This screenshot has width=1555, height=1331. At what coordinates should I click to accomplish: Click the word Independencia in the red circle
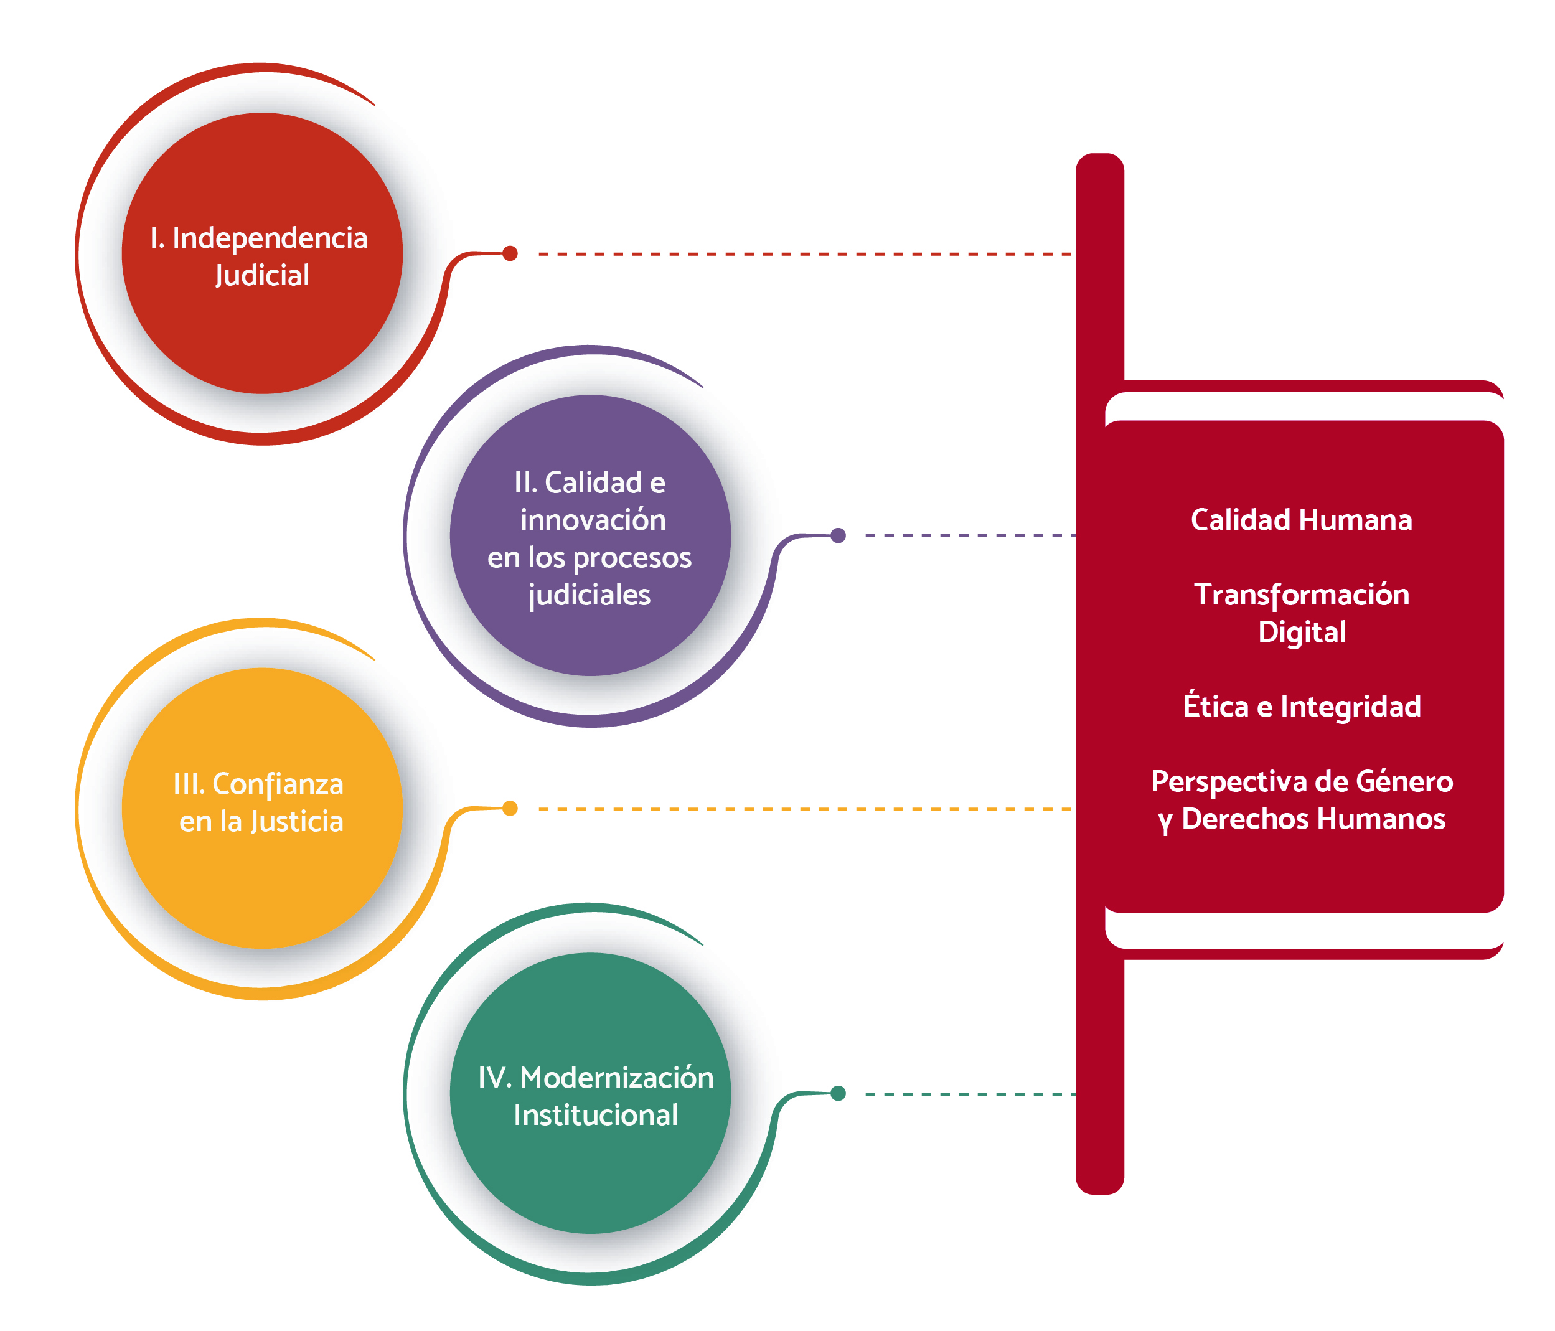click(x=270, y=238)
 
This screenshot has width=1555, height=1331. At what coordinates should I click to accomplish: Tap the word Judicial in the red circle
click(x=262, y=276)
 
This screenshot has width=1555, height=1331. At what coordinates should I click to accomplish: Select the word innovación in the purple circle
click(x=593, y=519)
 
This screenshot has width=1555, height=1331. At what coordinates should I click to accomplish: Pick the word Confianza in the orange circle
click(x=278, y=784)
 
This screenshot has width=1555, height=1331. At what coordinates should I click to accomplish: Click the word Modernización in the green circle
click(x=617, y=1077)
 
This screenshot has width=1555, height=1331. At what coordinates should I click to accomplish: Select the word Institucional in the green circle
click(x=595, y=1115)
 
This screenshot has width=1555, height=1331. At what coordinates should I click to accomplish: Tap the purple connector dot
click(x=839, y=535)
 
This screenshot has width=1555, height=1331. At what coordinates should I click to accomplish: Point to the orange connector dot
click(x=510, y=808)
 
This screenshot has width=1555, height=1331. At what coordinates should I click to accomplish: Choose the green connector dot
click(x=839, y=1093)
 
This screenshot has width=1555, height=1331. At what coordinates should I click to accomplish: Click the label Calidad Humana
click(x=1302, y=519)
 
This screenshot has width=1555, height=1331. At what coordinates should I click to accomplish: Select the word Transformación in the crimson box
click(x=1302, y=595)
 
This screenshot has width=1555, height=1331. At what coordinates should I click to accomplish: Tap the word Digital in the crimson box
click(x=1302, y=631)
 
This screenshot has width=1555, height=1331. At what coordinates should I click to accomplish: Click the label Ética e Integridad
click(x=1302, y=707)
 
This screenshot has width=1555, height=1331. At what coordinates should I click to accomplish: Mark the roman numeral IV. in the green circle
click(x=494, y=1077)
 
